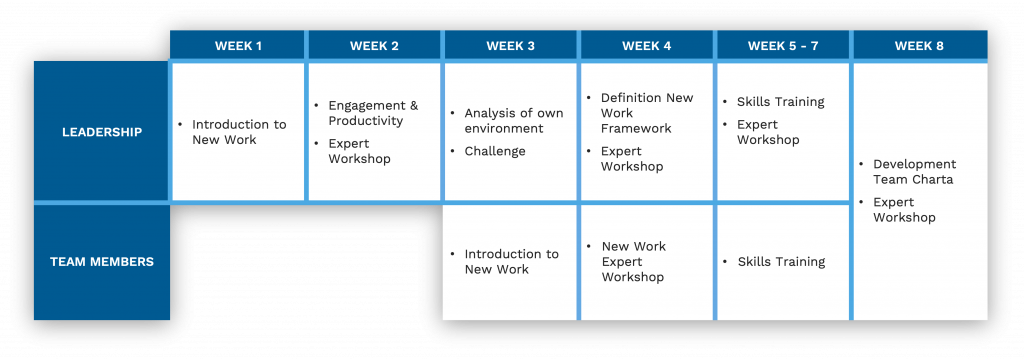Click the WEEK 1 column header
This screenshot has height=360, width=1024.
coord(238,45)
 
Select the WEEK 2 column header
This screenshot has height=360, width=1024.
coord(374,45)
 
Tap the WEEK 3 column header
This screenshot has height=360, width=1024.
coord(510,45)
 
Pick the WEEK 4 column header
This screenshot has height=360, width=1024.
coord(646,45)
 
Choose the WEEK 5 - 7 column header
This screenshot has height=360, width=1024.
coord(782,45)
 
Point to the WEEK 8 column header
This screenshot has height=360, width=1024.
coord(919,45)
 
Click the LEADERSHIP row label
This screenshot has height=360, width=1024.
coord(101,132)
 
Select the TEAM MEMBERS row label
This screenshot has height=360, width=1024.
coord(101,262)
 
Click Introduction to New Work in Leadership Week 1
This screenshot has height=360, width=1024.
coord(238,132)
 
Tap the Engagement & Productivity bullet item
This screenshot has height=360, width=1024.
coord(372,113)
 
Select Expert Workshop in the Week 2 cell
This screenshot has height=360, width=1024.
coord(359,151)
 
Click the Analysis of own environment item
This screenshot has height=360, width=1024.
coord(513,121)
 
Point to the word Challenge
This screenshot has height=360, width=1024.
coord(494,151)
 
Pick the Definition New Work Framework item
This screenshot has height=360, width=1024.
coord(646,113)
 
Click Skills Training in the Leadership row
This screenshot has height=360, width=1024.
coord(780,102)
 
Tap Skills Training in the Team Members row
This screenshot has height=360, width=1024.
coord(781,262)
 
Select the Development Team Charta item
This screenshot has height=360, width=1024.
coord(914,172)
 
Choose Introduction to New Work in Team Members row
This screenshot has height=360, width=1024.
coord(511,262)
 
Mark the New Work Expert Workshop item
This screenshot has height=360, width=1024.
coord(633,262)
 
